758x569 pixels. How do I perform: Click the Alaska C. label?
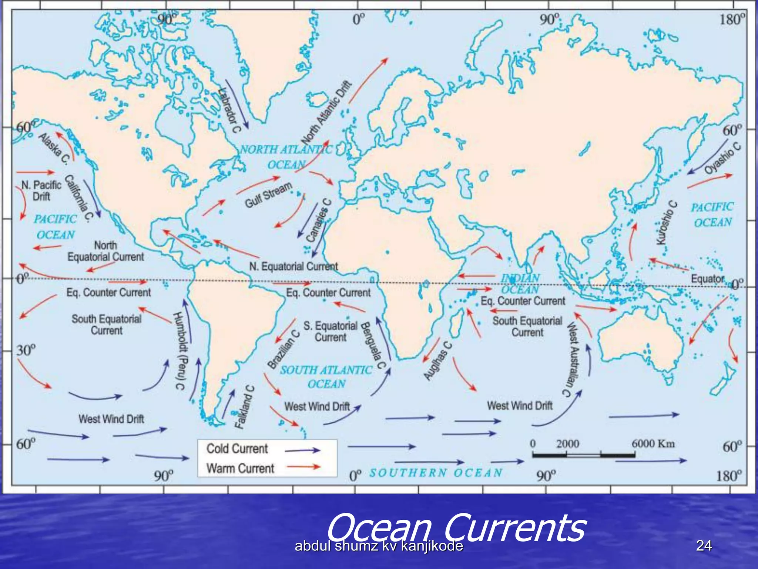point(54,148)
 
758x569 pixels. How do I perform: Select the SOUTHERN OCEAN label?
point(436,473)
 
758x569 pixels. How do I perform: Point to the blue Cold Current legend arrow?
point(302,450)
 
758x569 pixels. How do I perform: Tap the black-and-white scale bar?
point(584,455)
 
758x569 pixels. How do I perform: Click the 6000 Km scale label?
point(653,443)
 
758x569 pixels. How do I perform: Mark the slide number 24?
point(704,546)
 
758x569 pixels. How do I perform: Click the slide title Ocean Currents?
point(456,528)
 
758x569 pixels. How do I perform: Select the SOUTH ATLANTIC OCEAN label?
point(326,377)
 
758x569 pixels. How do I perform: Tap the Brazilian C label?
point(284,349)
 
